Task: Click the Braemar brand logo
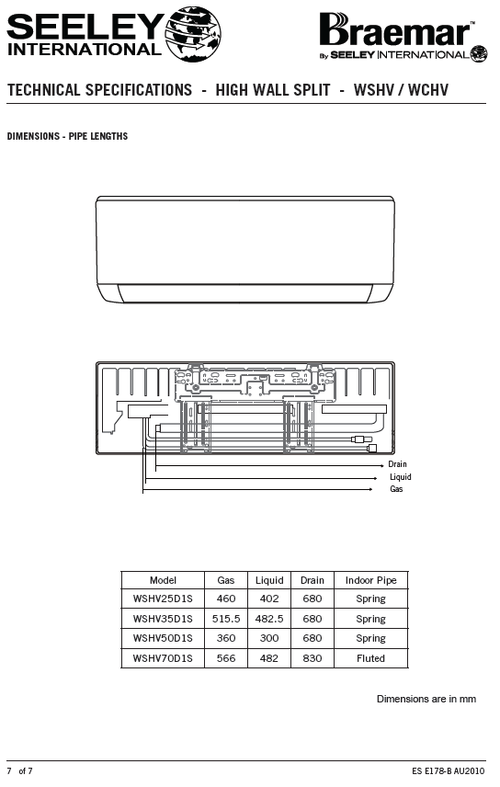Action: click(x=403, y=37)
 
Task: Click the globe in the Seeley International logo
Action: click(x=193, y=34)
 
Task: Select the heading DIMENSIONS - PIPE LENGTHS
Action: click(x=67, y=136)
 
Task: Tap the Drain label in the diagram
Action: click(x=397, y=464)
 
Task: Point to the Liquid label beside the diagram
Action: click(x=401, y=477)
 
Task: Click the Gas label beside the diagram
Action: click(x=396, y=489)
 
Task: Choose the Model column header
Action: click(x=163, y=580)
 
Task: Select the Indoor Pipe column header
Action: click(x=371, y=580)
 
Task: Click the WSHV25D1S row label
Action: click(x=163, y=599)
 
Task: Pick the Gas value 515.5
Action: click(x=226, y=619)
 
